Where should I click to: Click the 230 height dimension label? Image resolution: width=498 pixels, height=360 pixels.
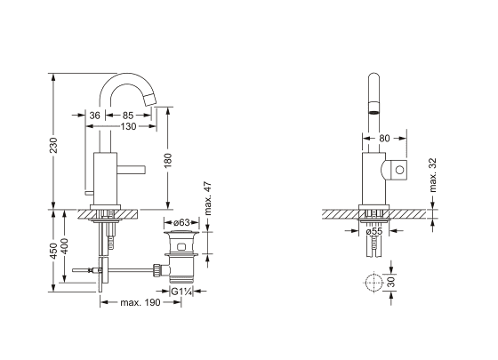(53, 145)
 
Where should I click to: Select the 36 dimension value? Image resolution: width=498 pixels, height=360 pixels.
(94, 116)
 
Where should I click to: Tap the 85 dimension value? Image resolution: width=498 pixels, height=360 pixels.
(128, 116)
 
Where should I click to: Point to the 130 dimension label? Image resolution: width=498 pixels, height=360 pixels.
(128, 126)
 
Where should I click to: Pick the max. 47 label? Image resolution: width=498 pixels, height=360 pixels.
(207, 198)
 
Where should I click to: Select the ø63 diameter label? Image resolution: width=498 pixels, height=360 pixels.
(182, 222)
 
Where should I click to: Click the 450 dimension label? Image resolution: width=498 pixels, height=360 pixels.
(53, 251)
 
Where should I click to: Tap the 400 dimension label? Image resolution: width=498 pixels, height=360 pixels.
(64, 246)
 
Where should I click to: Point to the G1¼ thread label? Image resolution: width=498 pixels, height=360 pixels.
(181, 292)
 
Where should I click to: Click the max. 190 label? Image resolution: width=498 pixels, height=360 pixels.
(141, 302)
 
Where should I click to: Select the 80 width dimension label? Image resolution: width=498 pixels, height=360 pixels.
(384, 139)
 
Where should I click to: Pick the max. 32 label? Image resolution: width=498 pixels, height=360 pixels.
(432, 175)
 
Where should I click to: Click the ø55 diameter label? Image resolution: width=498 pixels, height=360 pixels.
(374, 231)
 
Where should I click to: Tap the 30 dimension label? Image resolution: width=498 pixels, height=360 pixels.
(391, 282)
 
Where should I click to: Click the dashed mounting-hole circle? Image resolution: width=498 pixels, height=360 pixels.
(374, 273)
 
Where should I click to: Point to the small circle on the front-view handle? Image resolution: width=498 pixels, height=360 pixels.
(399, 170)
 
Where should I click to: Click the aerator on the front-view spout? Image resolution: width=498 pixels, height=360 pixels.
(373, 108)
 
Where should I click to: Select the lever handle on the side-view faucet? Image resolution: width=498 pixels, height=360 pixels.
(131, 169)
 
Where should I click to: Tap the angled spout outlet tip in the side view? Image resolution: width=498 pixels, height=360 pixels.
(149, 100)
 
